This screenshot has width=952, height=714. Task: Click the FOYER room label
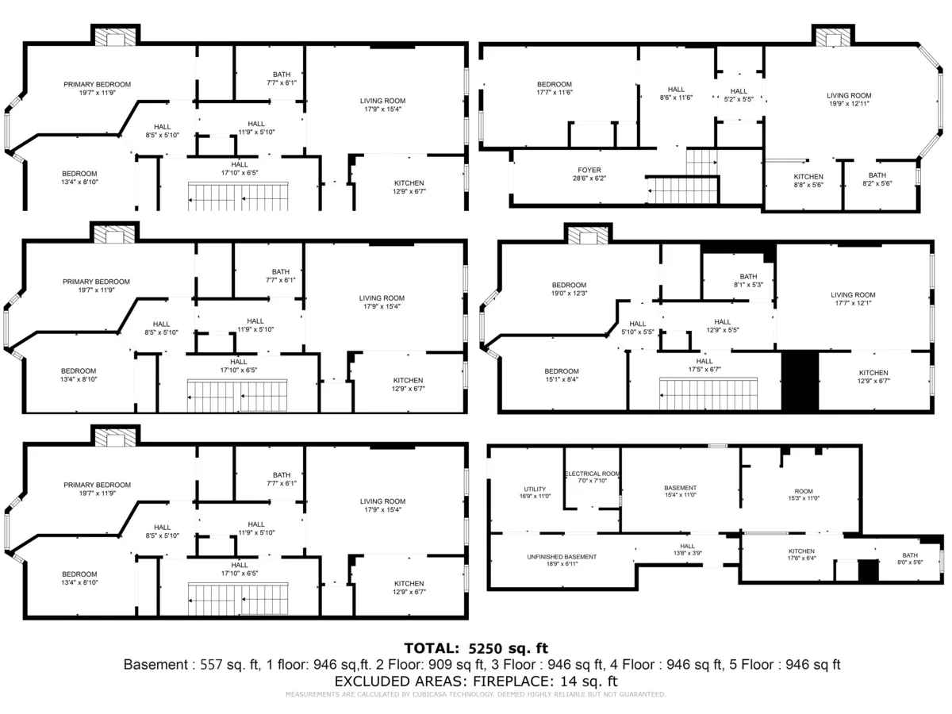(589, 170)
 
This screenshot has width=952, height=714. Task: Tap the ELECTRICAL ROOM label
(592, 474)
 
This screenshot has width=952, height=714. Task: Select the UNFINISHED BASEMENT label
(562, 557)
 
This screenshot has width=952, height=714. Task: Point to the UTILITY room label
(535, 489)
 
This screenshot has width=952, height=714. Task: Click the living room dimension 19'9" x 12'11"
(849, 104)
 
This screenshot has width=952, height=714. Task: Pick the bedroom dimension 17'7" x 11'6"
(554, 93)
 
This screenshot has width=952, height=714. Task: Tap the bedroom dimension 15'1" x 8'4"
(561, 380)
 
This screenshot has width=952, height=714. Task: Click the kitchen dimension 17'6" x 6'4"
(801, 559)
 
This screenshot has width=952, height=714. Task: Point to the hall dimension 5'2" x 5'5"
(739, 100)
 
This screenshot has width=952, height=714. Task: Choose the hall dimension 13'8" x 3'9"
(687, 553)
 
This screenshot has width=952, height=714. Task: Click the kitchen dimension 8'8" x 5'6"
(808, 185)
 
